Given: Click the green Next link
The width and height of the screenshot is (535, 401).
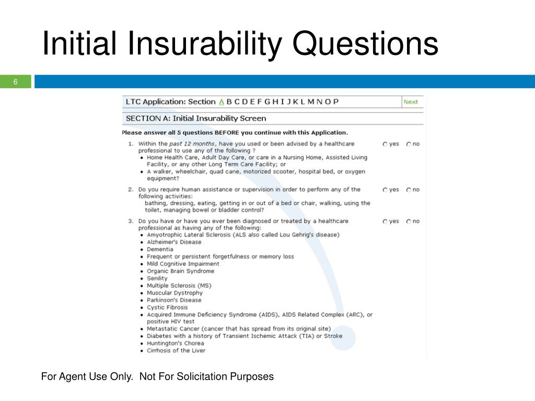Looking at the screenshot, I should tap(411, 102).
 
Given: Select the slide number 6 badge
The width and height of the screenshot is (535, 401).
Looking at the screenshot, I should tap(16, 82).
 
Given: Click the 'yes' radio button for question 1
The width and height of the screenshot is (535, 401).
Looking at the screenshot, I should tap(385, 144).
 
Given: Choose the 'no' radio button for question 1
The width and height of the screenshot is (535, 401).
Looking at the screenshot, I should tap(409, 144).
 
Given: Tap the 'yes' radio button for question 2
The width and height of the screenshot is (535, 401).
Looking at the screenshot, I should tap(385, 190).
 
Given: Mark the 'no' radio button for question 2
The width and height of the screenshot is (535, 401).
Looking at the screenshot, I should tap(409, 190).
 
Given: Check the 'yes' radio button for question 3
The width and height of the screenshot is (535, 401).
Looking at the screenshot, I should tap(385, 221).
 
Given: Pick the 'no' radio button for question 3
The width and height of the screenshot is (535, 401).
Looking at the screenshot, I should tap(409, 221).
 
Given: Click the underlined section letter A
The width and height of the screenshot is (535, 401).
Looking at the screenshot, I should tap(222, 102).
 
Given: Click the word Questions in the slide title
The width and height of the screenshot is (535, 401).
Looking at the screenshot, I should tap(365, 44).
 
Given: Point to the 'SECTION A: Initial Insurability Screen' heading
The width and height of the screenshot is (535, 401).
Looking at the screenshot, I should tap(196, 119).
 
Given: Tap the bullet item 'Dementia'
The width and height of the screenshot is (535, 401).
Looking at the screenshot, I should tap(160, 250).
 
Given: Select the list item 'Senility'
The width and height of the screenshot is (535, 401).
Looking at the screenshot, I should tap(157, 278).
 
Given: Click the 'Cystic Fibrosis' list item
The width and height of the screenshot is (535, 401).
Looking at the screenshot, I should tap(167, 308).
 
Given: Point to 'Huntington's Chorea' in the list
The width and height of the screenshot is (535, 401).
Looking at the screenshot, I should tap(176, 344).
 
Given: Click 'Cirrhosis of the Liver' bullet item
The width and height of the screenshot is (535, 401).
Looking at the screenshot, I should tap(176, 351).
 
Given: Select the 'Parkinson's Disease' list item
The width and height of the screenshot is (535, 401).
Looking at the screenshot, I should tap(174, 300).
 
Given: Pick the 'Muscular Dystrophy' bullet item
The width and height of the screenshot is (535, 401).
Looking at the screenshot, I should tap(175, 293).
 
